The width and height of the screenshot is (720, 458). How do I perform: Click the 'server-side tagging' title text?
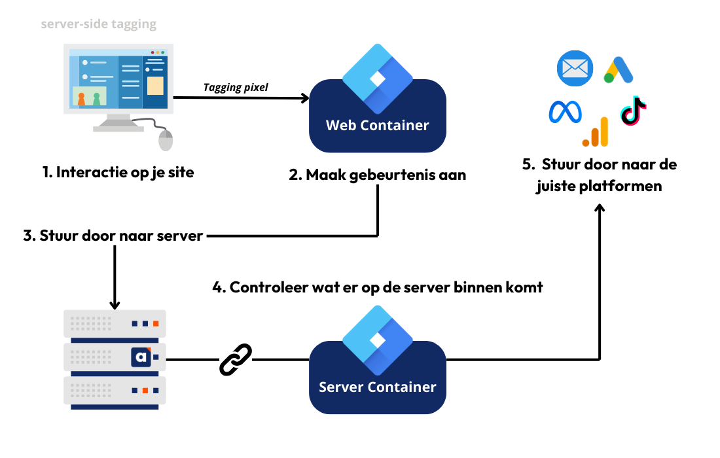(x=98, y=25)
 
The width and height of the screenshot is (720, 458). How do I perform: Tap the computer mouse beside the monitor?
(x=166, y=139)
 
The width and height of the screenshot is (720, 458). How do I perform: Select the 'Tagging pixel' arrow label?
(x=236, y=87)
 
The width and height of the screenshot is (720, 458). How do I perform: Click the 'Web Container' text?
(x=377, y=125)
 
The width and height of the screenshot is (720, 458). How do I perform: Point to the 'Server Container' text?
(x=377, y=387)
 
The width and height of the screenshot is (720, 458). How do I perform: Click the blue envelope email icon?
(x=575, y=69)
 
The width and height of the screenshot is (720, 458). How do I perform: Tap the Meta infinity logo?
(x=565, y=112)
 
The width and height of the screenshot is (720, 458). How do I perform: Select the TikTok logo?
(x=634, y=111)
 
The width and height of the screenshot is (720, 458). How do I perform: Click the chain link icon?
(x=235, y=359)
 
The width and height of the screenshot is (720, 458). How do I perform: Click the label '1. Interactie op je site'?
(x=118, y=173)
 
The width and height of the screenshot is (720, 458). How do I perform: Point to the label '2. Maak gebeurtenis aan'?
(x=377, y=175)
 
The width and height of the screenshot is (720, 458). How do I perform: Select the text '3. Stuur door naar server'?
(x=113, y=236)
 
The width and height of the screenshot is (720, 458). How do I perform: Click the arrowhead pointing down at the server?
(x=115, y=304)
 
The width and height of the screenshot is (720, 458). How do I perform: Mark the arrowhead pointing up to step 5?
(x=600, y=207)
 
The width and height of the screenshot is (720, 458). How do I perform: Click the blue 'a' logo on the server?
(x=141, y=357)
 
